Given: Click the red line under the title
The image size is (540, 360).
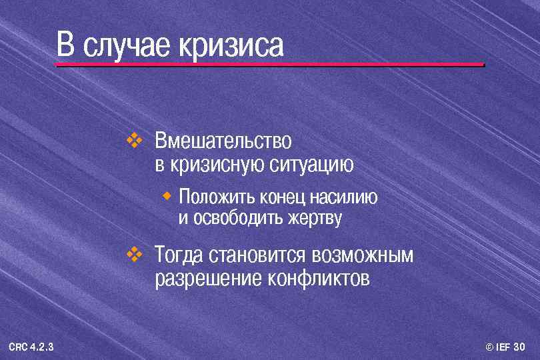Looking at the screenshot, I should pos(269,65).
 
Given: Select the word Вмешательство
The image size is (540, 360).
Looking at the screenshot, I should pos(223,141).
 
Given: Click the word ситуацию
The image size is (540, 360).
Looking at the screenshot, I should pos(312,164).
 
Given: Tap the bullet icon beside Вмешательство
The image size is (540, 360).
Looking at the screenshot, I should pos(135,140).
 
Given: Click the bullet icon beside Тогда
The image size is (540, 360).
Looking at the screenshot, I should pos(135,253).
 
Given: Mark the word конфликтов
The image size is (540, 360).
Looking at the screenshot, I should pos(318,278).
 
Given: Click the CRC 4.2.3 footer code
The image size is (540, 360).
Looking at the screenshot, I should pos(32,347).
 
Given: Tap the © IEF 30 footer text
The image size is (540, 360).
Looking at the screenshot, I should pos(505,347).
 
